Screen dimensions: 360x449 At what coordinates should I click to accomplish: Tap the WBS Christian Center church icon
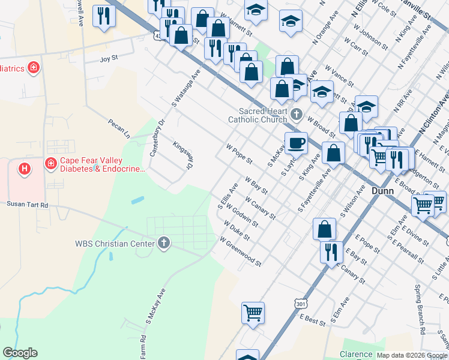tap(163, 243)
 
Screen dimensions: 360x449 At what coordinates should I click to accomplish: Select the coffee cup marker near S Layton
tap(296, 144)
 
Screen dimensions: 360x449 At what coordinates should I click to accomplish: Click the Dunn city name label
tap(382, 191)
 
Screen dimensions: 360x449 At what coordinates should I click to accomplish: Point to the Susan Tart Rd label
tap(27, 204)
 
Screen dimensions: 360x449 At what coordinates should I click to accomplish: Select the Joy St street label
tap(109, 59)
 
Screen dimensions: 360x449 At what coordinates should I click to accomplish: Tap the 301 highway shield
tap(301, 305)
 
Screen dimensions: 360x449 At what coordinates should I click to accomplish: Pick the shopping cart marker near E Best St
tap(253, 313)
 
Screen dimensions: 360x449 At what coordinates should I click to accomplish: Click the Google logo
tap(20, 353)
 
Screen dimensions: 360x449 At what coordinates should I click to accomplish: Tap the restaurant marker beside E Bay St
tap(331, 252)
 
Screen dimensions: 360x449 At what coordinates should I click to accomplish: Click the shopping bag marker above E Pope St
tap(324, 229)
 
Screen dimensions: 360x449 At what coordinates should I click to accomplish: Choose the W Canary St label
tap(260, 208)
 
